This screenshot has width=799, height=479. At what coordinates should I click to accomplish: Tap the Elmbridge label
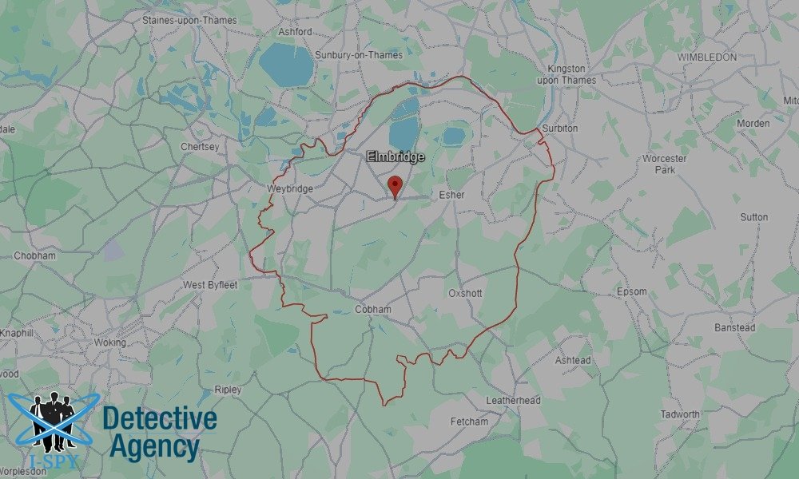pos(396,157)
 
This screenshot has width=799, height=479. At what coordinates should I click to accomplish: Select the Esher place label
pos(451,195)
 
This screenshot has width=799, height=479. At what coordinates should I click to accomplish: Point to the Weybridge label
pos(292,188)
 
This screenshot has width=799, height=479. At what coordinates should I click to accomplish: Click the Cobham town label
pos(373,310)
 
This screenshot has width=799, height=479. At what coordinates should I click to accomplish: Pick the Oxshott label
pos(465,294)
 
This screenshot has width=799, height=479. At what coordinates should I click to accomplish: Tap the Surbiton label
pos(559,129)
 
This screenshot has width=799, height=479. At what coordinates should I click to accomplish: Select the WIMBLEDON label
pos(706,57)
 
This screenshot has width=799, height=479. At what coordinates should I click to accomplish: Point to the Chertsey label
pos(200,148)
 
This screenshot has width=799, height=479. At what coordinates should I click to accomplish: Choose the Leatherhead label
pos(513,400)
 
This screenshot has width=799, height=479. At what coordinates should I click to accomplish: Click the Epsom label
pos(631,291)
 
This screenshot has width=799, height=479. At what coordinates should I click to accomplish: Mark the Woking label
pos(110,342)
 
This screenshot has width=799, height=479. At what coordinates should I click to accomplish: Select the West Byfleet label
pos(211,285)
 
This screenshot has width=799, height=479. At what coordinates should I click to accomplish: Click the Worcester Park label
pos(664,164)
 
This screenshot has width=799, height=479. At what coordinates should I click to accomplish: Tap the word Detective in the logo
pos(160,418)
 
